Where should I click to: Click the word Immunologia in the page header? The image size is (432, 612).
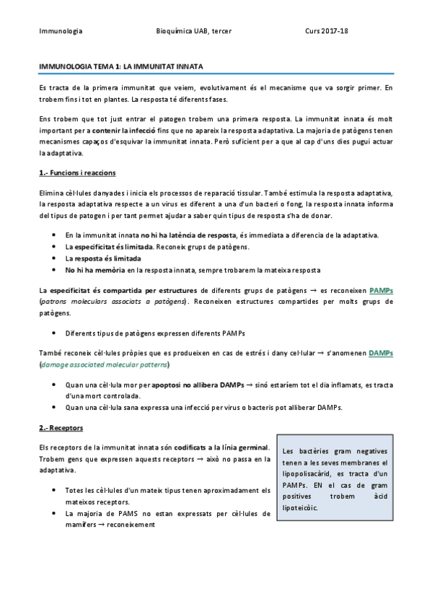pyautogui.click(x=61, y=32)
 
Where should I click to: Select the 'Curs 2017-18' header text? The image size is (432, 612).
pyautogui.click(x=327, y=32)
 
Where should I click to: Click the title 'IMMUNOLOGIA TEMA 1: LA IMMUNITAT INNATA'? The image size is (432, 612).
pyautogui.click(x=120, y=66)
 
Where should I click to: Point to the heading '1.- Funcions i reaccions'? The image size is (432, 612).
pyautogui.click(x=77, y=174)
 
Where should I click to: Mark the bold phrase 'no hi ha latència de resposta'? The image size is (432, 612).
pyautogui.click(x=190, y=235)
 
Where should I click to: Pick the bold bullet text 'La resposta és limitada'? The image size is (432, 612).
pyautogui.click(x=102, y=258)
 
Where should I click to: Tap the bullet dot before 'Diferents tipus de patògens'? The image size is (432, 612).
pyautogui.click(x=56, y=333)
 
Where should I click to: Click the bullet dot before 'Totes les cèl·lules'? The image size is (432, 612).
pyautogui.click(x=56, y=491)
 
